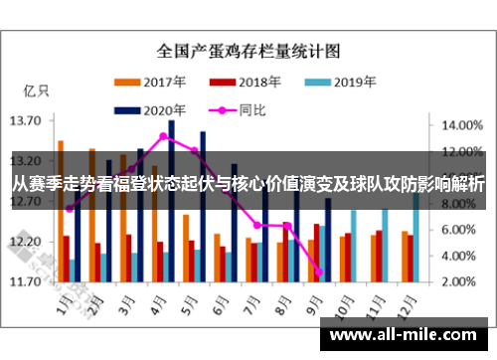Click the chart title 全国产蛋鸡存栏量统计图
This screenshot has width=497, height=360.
(x=248, y=49)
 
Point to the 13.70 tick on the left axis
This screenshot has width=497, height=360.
(x=25, y=120)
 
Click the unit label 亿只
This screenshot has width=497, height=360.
(x=36, y=90)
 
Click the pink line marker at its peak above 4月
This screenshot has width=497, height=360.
(x=163, y=135)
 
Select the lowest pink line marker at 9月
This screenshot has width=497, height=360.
(x=319, y=271)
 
